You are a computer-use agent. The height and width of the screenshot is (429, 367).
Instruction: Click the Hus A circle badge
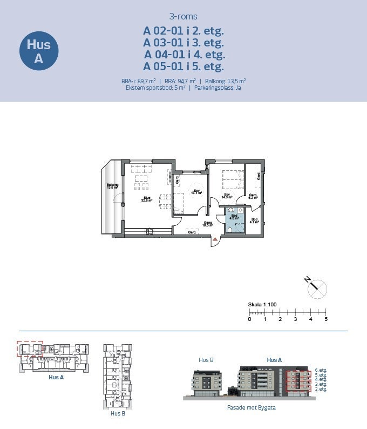tap(38, 51)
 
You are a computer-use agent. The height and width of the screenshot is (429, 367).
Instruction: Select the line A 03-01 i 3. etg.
tap(183, 43)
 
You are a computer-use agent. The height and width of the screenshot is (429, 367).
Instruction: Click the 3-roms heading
tap(183, 17)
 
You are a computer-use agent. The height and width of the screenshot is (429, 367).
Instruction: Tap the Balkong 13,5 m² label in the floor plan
tap(112, 186)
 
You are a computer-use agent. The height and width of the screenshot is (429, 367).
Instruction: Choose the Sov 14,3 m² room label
tap(228, 196)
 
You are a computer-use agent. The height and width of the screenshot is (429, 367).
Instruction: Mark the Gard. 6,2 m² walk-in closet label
tap(252, 197)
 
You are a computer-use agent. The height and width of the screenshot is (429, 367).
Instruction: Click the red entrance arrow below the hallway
tap(215, 238)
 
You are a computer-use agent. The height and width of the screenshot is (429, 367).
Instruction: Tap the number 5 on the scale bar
tap(326, 319)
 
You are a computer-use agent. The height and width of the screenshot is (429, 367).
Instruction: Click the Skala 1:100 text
tap(262, 305)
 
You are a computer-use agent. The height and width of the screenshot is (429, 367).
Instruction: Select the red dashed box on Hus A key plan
tap(29, 349)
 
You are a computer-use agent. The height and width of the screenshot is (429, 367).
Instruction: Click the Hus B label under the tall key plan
tap(118, 413)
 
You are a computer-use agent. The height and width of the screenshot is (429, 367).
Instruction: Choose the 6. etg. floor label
tap(321, 370)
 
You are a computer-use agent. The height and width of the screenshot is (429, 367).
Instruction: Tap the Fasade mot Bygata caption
tap(251, 407)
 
